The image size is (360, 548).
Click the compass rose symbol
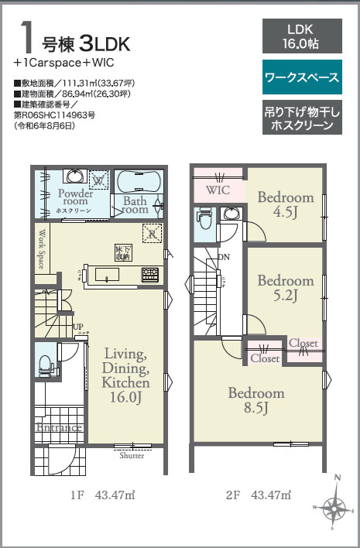click(x=334, y=508)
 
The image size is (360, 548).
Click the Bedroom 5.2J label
click(x=286, y=286)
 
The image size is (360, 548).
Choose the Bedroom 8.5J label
click(x=255, y=400)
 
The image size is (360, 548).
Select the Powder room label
click(x=75, y=197)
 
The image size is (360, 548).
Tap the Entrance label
click(x=59, y=426)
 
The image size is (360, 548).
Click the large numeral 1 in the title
click(x=26, y=36)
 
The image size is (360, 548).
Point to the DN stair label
click(x=223, y=257)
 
